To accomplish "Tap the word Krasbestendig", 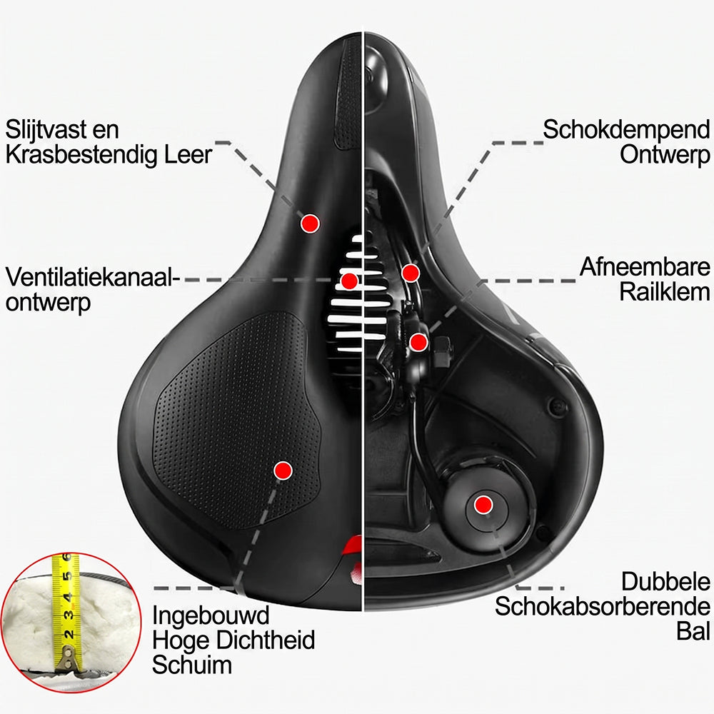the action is tap(81, 154).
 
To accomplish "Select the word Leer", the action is tap(188, 154).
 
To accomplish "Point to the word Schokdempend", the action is tap(626, 130).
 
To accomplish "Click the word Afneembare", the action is tap(645, 267).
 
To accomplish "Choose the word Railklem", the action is tap(664, 291).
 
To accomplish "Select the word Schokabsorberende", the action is tap(603, 606).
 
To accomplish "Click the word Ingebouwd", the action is tap(211, 616).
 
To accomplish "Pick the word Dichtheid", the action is tap(265, 640).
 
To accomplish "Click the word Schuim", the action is tap(191, 664).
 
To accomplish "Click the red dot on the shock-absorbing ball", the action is tap(483, 505).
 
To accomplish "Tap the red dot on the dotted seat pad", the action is tap(283, 470).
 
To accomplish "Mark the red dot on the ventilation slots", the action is tap(349, 281).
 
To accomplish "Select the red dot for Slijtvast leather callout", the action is tap(310, 223).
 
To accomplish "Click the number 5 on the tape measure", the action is tap(67, 576).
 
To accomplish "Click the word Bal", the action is tap(693, 631).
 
